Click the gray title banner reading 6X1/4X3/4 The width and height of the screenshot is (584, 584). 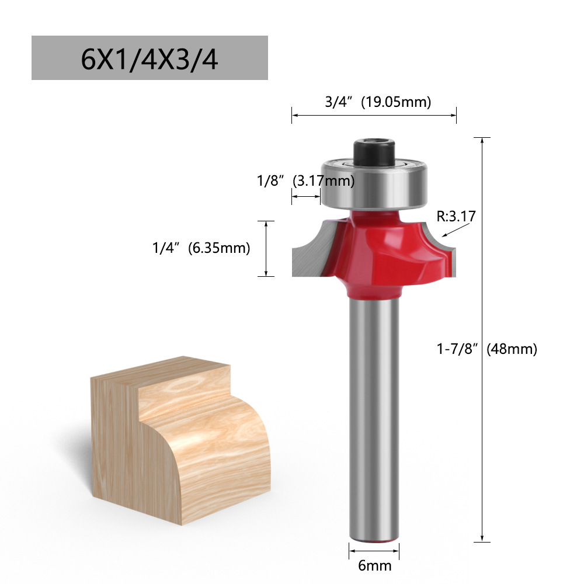(x=150, y=58)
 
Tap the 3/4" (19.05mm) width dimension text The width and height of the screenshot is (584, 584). (x=378, y=102)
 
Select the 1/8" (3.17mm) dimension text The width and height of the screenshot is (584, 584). (x=305, y=180)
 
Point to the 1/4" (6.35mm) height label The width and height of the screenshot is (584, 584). (x=201, y=248)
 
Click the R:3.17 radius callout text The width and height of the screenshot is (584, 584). (x=456, y=216)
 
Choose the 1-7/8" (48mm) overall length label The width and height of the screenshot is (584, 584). (x=487, y=349)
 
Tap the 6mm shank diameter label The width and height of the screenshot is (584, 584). (x=374, y=566)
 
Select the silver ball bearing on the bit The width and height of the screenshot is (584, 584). (x=374, y=185)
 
